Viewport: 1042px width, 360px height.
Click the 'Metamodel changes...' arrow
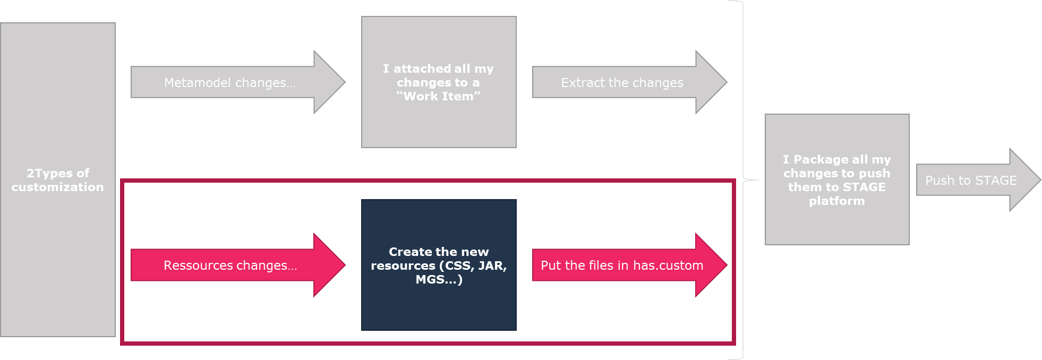click(230, 83)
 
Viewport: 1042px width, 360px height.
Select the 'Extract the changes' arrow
click(622, 83)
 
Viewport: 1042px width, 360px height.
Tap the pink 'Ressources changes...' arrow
click(230, 265)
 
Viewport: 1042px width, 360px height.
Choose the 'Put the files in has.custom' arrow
click(622, 265)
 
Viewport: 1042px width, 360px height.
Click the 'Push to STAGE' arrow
click(971, 181)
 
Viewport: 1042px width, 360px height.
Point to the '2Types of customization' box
click(58, 180)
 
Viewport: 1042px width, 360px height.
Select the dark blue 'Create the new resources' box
click(439, 265)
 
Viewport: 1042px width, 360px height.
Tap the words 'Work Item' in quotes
click(439, 97)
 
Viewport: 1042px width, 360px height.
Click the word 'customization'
click(58, 187)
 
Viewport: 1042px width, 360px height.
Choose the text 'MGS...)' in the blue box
click(439, 279)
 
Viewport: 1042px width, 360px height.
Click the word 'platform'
click(837, 201)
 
